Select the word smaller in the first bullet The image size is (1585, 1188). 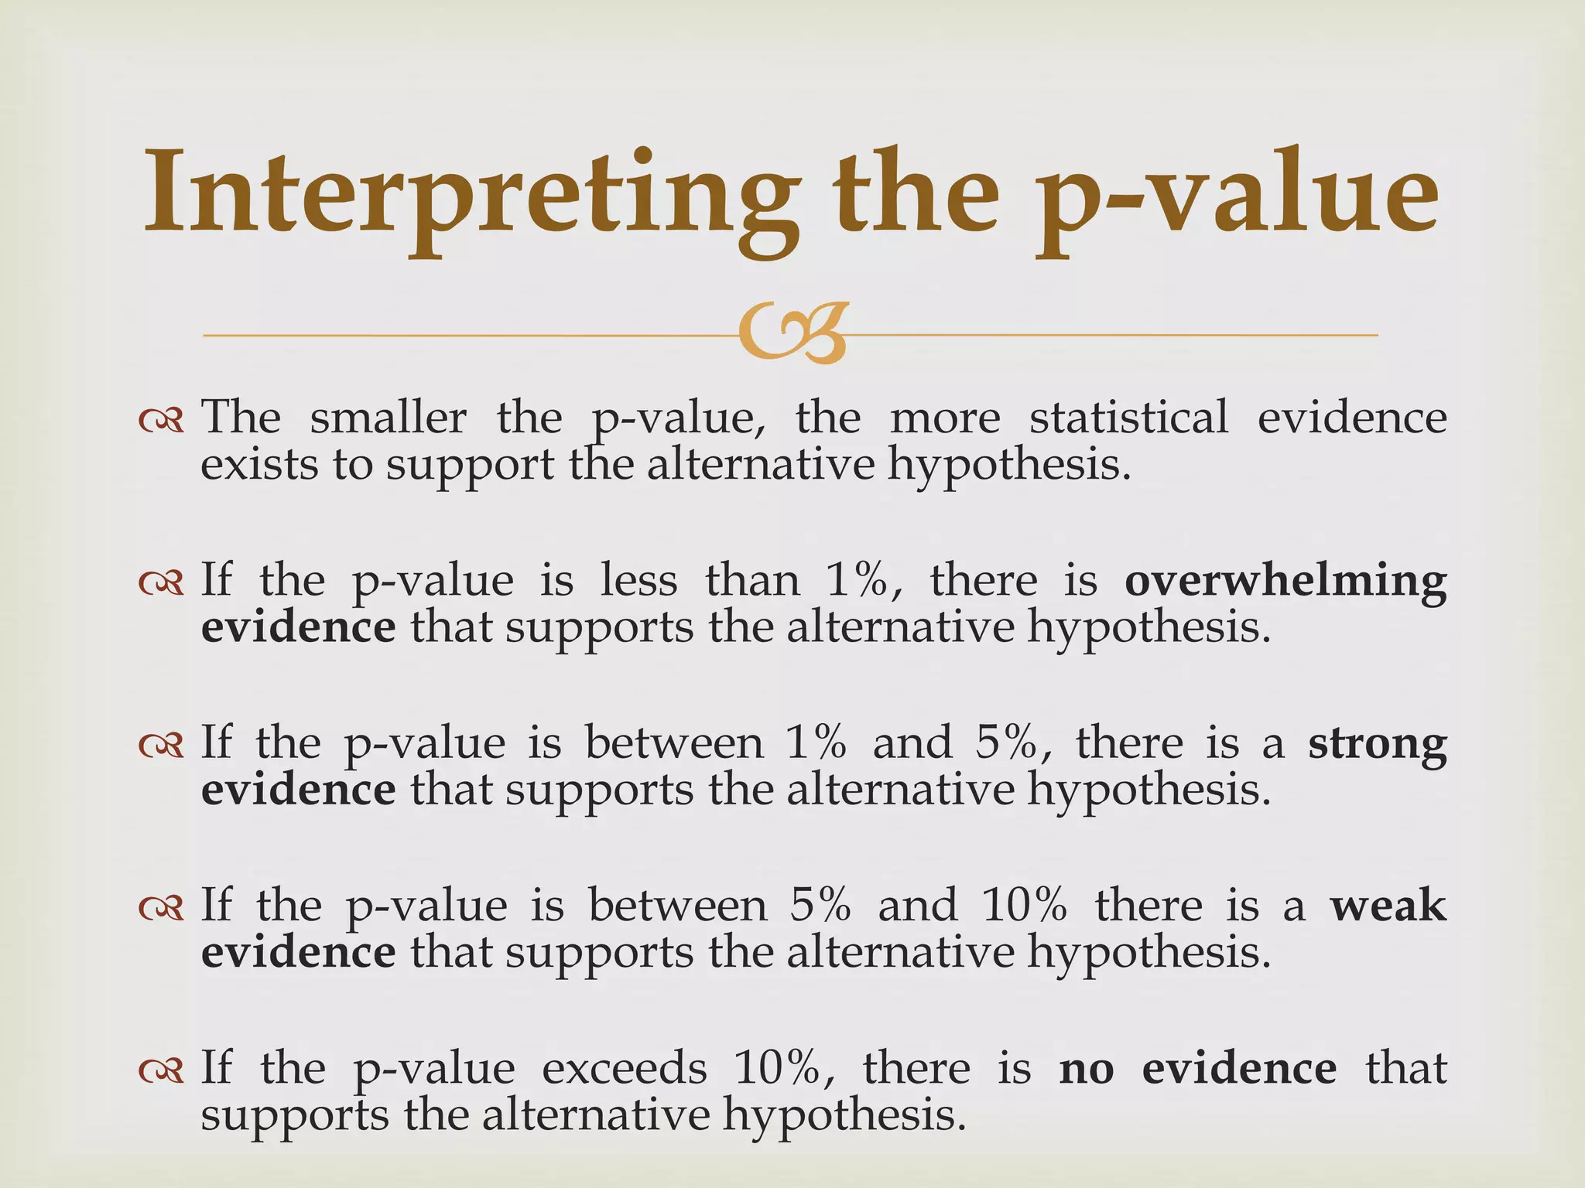click(x=388, y=418)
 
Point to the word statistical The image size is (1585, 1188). click(x=1128, y=418)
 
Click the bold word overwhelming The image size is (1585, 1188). click(x=1285, y=582)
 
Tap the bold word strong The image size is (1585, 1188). click(x=1377, y=744)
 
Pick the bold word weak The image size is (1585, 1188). click(x=1388, y=906)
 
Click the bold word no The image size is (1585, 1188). click(x=1087, y=1069)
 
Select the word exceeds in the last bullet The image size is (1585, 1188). click(x=624, y=1069)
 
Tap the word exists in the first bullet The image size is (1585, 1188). click(x=259, y=466)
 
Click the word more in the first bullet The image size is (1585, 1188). click(x=944, y=419)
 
